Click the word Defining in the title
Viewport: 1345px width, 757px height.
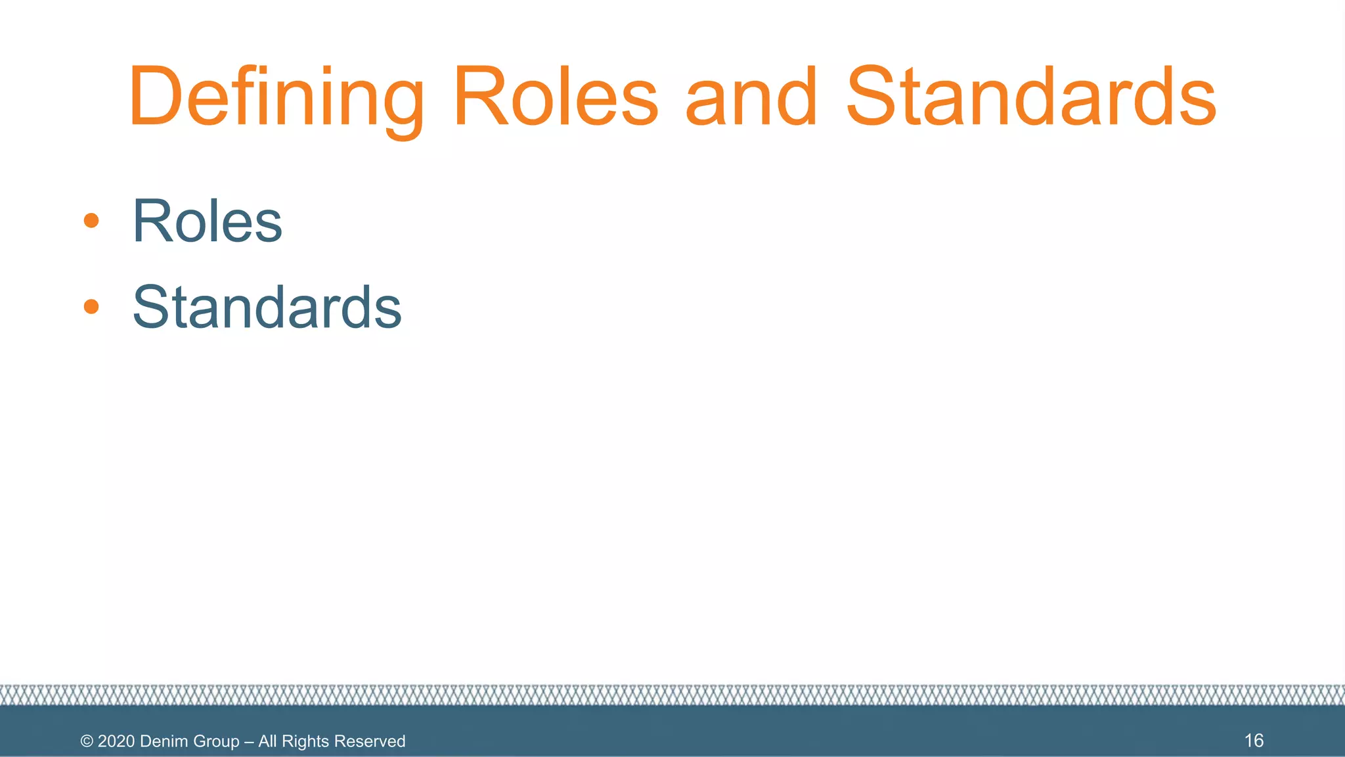(276, 97)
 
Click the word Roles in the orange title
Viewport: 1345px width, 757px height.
(555, 97)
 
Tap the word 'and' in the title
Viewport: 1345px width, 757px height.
(751, 97)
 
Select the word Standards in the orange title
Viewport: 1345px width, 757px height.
(1031, 97)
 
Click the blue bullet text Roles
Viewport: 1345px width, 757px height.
(208, 221)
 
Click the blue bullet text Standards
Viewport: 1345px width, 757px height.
(267, 308)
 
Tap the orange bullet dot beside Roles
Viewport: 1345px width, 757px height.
(91, 221)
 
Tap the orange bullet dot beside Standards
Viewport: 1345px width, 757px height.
(91, 306)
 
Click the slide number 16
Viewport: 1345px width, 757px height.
(1254, 741)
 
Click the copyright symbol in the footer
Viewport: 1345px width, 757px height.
(87, 741)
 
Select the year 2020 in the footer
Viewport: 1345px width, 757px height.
(116, 741)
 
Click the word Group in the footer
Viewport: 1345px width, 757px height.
(217, 742)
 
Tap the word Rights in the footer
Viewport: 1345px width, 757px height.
(305, 741)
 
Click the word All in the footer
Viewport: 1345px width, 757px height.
(267, 741)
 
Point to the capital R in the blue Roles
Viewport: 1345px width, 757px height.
(153, 221)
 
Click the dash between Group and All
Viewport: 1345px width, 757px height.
(249, 742)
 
